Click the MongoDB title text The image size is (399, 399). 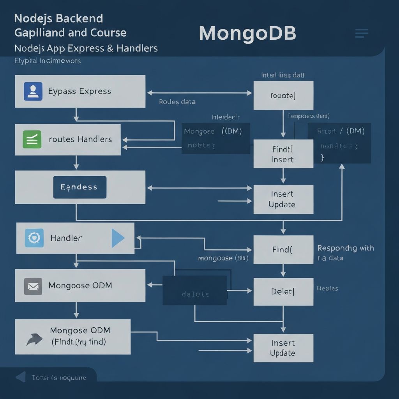(x=247, y=34)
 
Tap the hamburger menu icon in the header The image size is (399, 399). (x=362, y=34)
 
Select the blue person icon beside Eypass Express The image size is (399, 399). (x=33, y=92)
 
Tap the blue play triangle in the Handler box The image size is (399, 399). (x=117, y=238)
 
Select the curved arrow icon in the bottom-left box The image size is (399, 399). (x=34, y=339)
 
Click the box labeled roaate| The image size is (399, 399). (x=283, y=95)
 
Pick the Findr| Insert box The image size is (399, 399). (x=283, y=154)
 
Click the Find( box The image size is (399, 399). (x=283, y=250)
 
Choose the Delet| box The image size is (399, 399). (x=283, y=291)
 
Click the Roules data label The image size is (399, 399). (x=177, y=102)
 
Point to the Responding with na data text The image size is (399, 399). (x=345, y=252)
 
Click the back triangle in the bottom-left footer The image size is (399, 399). (x=21, y=377)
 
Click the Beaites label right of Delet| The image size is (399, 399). (x=327, y=289)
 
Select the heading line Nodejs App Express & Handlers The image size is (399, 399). (x=86, y=49)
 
